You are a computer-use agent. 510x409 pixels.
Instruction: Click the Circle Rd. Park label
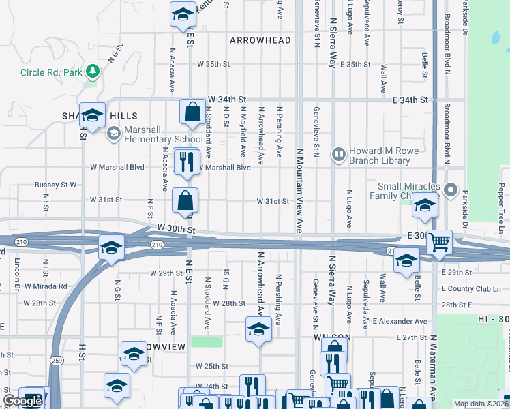50,72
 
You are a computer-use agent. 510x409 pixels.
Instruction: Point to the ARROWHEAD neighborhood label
260,40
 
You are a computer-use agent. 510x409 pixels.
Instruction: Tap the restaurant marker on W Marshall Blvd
184,162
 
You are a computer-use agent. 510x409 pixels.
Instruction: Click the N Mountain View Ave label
299,191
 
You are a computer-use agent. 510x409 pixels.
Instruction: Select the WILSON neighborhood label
332,337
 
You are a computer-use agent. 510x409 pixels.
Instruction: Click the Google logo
22,401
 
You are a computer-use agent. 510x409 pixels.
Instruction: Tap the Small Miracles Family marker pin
450,190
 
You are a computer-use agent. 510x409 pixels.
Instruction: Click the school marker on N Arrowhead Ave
258,331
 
